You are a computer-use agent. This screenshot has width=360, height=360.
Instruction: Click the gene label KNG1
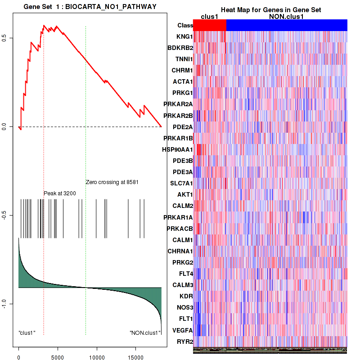pyautogui.click(x=184, y=36)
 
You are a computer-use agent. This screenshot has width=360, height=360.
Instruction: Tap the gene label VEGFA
pyautogui.click(x=183, y=330)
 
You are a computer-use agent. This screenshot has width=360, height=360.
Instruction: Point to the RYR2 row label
pyautogui.click(x=184, y=342)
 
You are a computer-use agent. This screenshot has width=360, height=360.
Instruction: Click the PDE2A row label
pyautogui.click(x=183, y=126)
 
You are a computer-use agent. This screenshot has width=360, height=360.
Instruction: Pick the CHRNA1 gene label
pyautogui.click(x=180, y=251)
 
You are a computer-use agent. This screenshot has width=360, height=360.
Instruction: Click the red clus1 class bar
pyautogui.click(x=210, y=26)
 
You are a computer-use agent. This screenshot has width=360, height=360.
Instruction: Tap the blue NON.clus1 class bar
pyautogui.click(x=287, y=26)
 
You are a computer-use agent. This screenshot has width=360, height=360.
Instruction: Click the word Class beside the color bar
pyautogui.click(x=185, y=26)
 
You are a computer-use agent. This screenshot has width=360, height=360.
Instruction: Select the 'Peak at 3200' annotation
pyautogui.click(x=59, y=193)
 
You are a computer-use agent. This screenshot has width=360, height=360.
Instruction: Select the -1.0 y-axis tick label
pyautogui.click(x=4, y=305)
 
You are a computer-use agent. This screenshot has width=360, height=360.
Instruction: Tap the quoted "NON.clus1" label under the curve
pyautogui.click(x=144, y=333)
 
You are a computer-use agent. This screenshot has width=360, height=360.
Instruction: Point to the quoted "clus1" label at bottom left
pyautogui.click(x=27, y=333)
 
